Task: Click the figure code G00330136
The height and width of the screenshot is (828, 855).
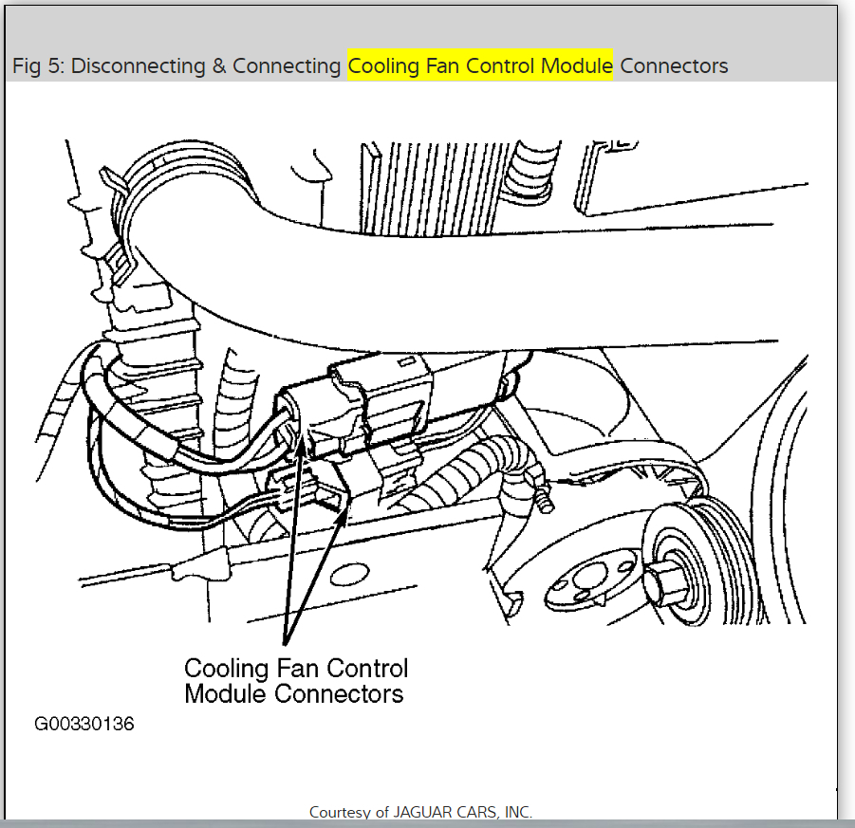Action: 84,724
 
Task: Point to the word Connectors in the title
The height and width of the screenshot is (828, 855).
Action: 674,66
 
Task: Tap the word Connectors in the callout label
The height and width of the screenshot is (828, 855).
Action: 339,693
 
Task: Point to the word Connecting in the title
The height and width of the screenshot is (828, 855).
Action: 286,66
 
